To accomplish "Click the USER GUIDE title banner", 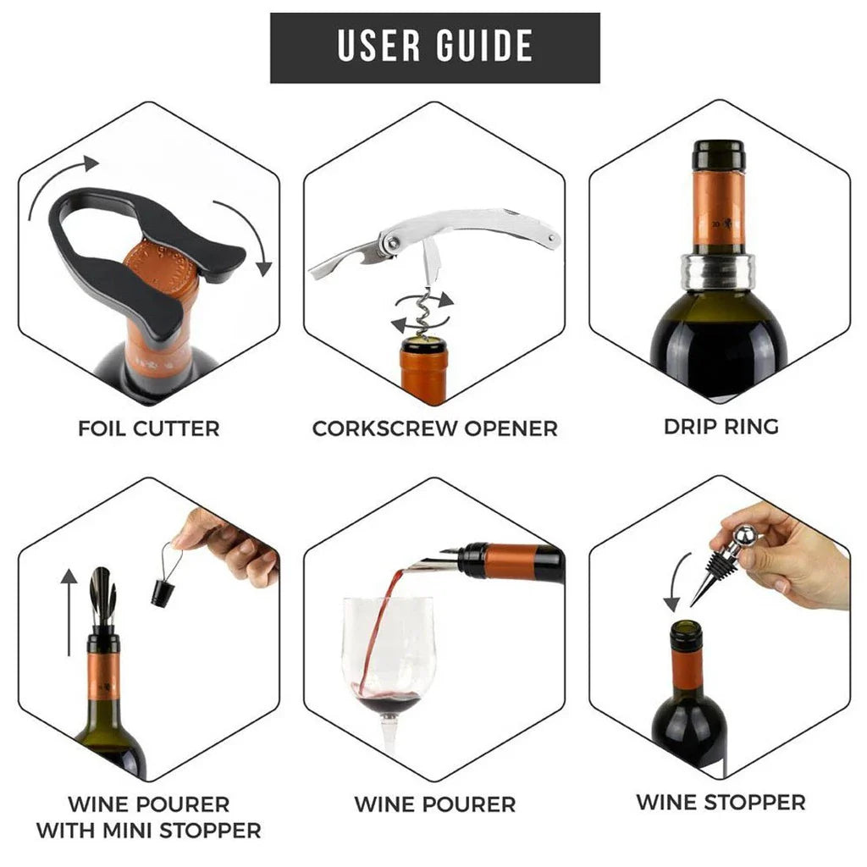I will (434, 47).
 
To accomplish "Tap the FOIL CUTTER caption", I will (149, 428).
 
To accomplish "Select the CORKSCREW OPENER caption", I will (434, 428).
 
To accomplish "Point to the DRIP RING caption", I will (721, 426).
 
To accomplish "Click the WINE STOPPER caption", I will (721, 801).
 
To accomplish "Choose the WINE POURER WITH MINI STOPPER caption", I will (149, 816).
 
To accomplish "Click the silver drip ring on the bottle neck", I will (720, 272).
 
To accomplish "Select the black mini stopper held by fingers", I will (163, 591).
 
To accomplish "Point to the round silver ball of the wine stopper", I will (743, 535).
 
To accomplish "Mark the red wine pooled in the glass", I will (387, 704).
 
